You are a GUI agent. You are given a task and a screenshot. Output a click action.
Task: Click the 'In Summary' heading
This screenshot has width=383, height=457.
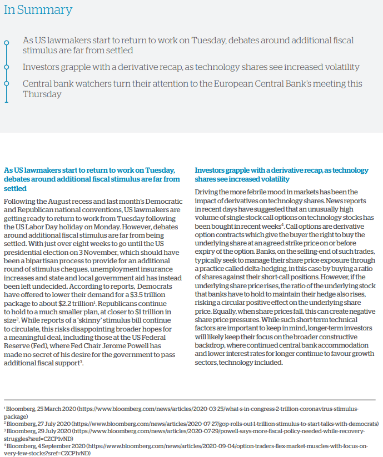pyautogui.click(x=38, y=10)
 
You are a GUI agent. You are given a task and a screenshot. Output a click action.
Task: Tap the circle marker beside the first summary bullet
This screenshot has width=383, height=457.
pyautogui.click(x=6, y=42)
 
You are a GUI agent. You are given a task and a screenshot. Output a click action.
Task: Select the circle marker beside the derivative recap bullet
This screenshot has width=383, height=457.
pyautogui.click(x=6, y=67)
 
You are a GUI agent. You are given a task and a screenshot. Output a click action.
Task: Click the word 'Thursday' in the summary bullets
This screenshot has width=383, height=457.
pyautogui.click(x=42, y=94)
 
